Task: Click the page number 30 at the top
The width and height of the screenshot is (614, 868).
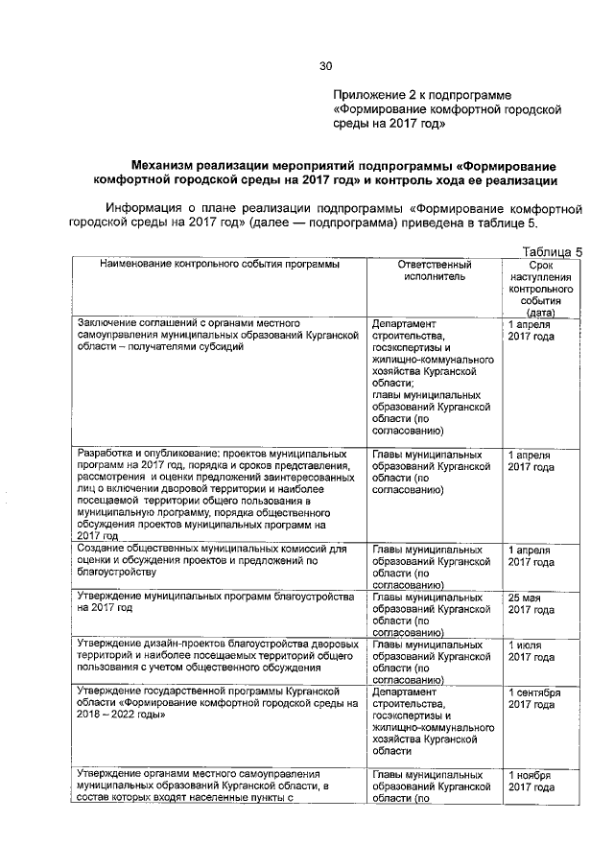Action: [324, 66]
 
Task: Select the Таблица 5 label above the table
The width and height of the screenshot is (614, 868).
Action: [552, 250]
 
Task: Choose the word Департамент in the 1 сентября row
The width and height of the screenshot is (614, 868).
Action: [403, 691]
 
